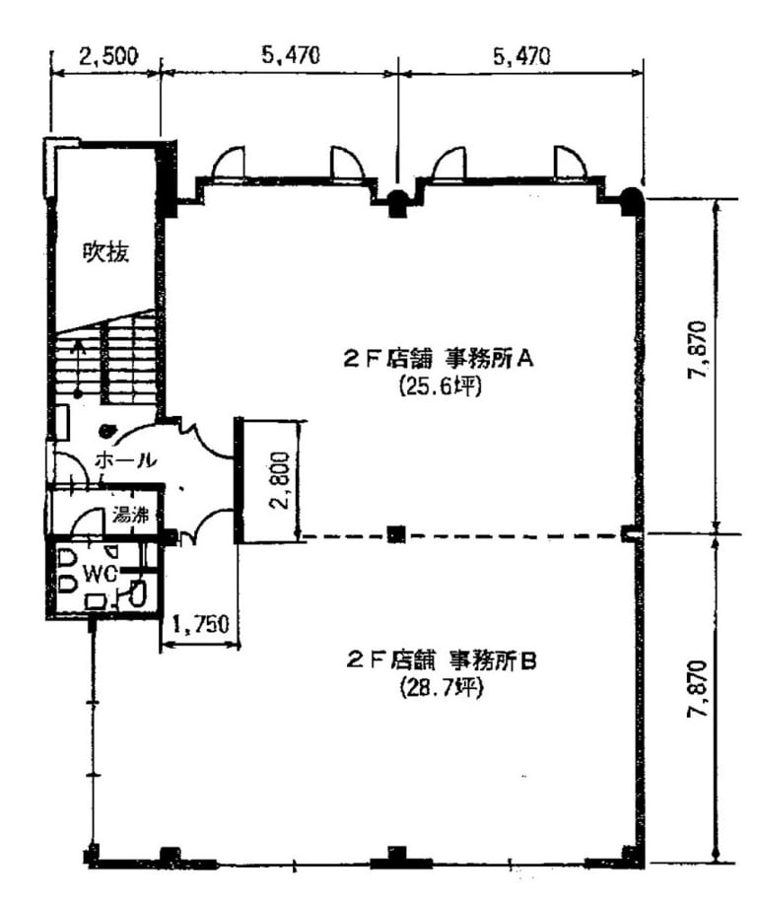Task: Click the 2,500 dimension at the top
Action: point(109,56)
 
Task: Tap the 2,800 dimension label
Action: point(280,481)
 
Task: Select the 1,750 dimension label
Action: point(201,624)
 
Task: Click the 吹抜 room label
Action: point(106,252)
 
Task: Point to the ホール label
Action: point(125,459)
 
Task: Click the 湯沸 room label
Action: point(130,515)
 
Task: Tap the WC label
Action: point(101,573)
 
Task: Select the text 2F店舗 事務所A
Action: point(439,360)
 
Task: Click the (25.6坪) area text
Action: point(440,387)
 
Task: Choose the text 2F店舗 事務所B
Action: point(442,660)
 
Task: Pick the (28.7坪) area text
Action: point(440,688)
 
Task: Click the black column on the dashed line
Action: point(396,534)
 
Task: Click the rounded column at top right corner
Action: point(632,201)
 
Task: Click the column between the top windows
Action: point(397,204)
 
